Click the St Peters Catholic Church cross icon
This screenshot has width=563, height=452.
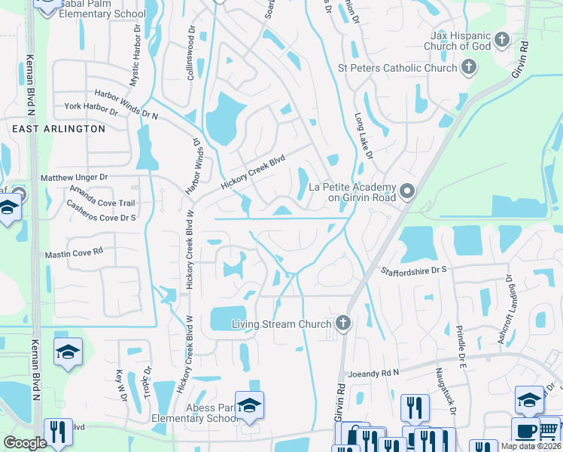(x=468, y=69)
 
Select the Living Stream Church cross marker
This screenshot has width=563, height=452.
(x=343, y=324)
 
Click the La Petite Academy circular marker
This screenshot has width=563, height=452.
(x=407, y=191)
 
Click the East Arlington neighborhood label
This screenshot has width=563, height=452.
(x=59, y=129)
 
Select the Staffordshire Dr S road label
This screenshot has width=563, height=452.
(x=413, y=269)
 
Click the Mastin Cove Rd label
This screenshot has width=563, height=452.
(x=73, y=255)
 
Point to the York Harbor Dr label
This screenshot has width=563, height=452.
(x=92, y=109)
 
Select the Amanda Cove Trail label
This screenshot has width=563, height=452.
(x=102, y=197)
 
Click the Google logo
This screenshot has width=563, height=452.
(x=25, y=443)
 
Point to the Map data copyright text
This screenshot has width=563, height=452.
(x=531, y=446)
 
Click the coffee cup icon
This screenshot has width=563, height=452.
(x=525, y=432)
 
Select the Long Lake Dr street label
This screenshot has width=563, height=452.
(x=364, y=136)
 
